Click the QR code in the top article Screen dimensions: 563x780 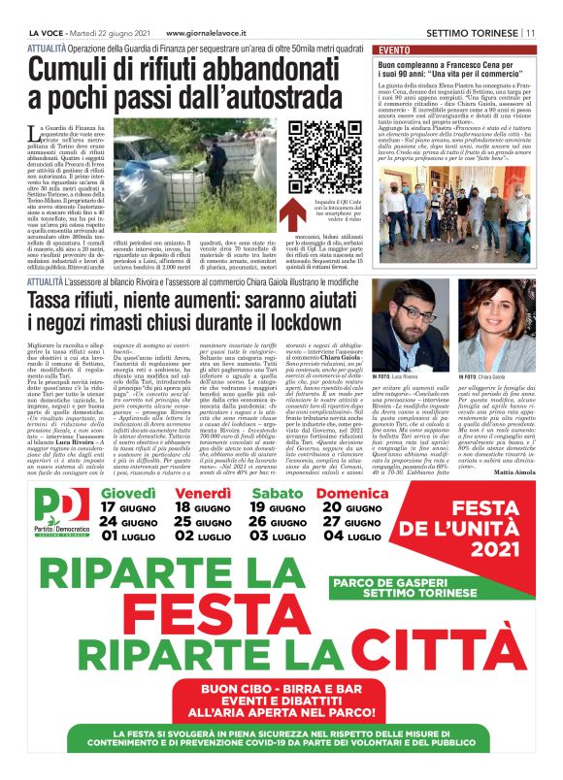click(318, 158)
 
